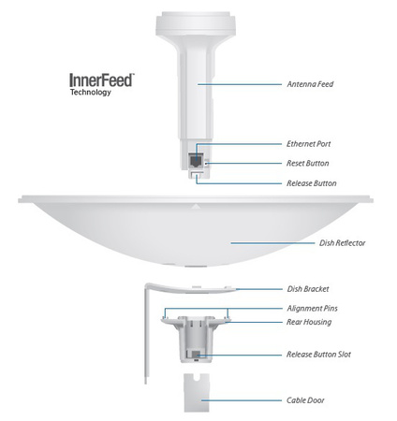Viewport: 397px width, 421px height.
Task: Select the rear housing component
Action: [197, 337]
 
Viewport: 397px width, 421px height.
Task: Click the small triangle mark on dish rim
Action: [197, 202]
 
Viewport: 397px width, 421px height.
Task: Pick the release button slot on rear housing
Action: [197, 356]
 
